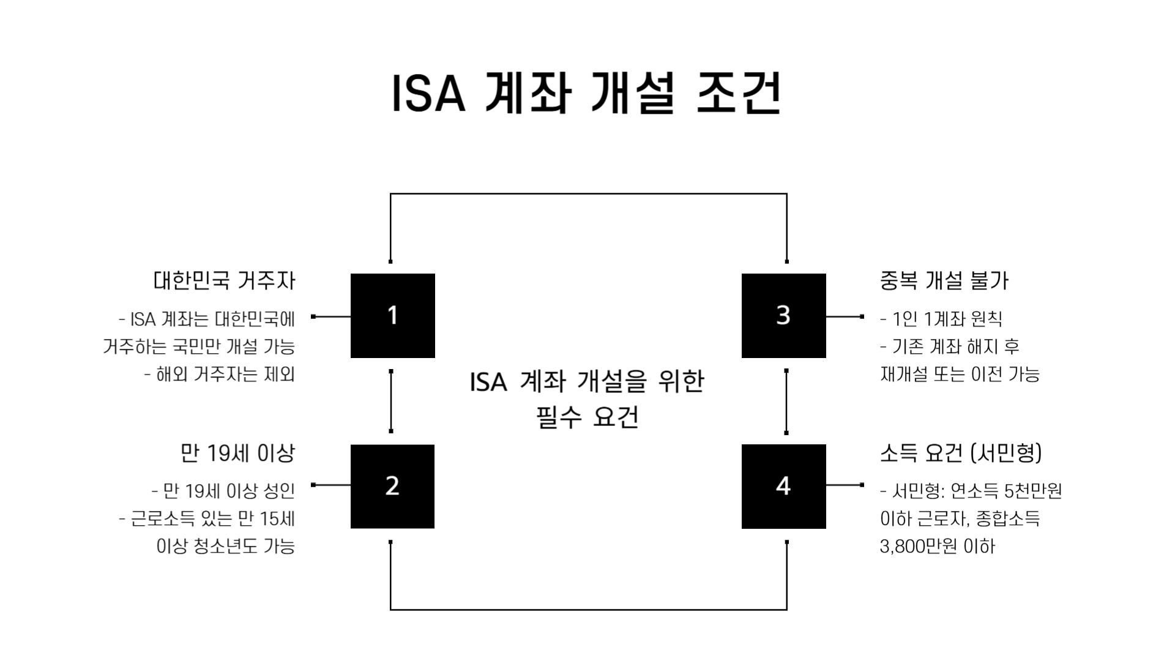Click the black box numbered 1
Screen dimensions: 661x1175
tap(392, 316)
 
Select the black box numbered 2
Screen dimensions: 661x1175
tap(392, 486)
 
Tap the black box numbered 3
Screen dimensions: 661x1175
tap(783, 316)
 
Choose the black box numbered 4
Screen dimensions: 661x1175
tap(783, 486)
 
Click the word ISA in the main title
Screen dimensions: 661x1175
tap(428, 95)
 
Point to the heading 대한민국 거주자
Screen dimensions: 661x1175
tap(224, 281)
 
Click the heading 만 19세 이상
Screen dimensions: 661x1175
tap(237, 454)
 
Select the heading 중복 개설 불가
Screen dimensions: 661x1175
tap(944, 281)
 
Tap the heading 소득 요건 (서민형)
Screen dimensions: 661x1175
tap(960, 454)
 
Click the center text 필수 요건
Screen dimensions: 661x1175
tap(587, 418)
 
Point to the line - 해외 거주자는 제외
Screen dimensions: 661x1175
tap(219, 374)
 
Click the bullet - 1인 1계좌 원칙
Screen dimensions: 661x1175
tap(941, 319)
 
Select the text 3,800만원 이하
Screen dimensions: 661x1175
tap(938, 546)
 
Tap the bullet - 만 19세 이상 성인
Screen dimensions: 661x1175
tap(223, 491)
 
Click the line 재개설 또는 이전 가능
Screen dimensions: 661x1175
tap(960, 374)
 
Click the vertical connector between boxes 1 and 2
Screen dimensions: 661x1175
tap(391, 401)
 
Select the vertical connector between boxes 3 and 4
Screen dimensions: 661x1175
tap(786, 401)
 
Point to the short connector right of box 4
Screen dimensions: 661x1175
tap(845, 485)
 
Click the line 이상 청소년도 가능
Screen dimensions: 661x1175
tap(226, 546)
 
